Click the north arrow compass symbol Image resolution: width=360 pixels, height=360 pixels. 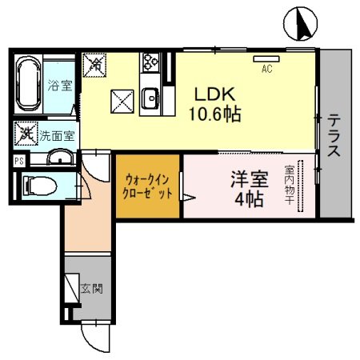click(x=302, y=24)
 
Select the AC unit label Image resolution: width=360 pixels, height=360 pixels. click(x=266, y=68)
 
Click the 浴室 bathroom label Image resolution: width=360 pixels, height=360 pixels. click(x=59, y=86)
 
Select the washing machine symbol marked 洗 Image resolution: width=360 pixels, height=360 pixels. click(x=26, y=134)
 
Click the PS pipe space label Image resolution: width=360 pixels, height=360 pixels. click(x=18, y=160)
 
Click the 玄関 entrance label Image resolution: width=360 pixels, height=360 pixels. click(x=91, y=288)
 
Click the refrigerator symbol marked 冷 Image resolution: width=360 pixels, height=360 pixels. click(x=95, y=62)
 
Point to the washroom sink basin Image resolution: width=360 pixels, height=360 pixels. click(x=58, y=157)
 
